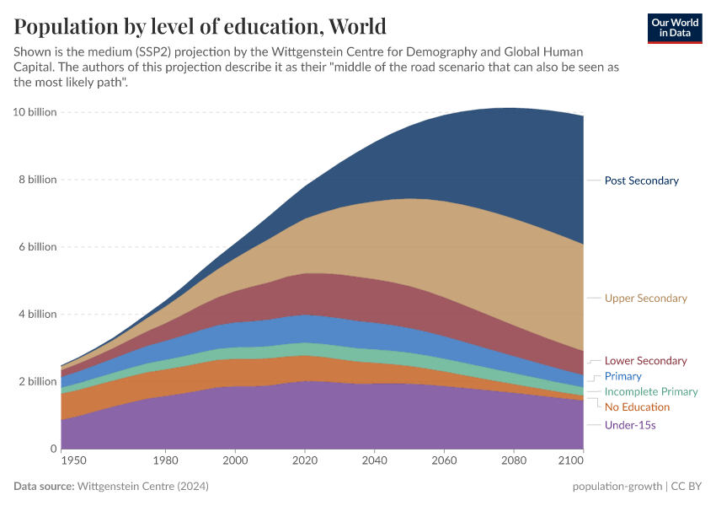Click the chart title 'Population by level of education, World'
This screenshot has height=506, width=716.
pos(200,26)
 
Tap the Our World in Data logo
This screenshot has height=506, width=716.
pos(675,28)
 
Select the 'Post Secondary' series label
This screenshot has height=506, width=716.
pos(641,180)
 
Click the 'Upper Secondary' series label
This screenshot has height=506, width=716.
pos(645,299)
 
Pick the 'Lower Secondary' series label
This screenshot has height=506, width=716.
pos(645,361)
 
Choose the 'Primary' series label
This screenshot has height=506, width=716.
pos(622,376)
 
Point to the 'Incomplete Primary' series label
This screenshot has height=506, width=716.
pos(651,391)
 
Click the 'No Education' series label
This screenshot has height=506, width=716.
pos(637,407)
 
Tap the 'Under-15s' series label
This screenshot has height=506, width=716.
pos(629,425)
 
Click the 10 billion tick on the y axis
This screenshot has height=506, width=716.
pos(35,112)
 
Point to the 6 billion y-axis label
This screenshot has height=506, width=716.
pos(37,247)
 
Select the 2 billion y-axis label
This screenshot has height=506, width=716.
pos(37,381)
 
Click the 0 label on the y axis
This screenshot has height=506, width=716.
pos(52,449)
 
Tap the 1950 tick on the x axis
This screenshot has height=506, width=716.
pos(72,461)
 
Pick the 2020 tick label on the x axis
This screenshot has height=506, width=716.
pos(304,461)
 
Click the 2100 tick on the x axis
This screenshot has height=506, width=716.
pos(570,461)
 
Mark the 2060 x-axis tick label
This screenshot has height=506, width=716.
pos(443,461)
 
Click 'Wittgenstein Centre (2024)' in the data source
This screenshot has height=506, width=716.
pos(143,487)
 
